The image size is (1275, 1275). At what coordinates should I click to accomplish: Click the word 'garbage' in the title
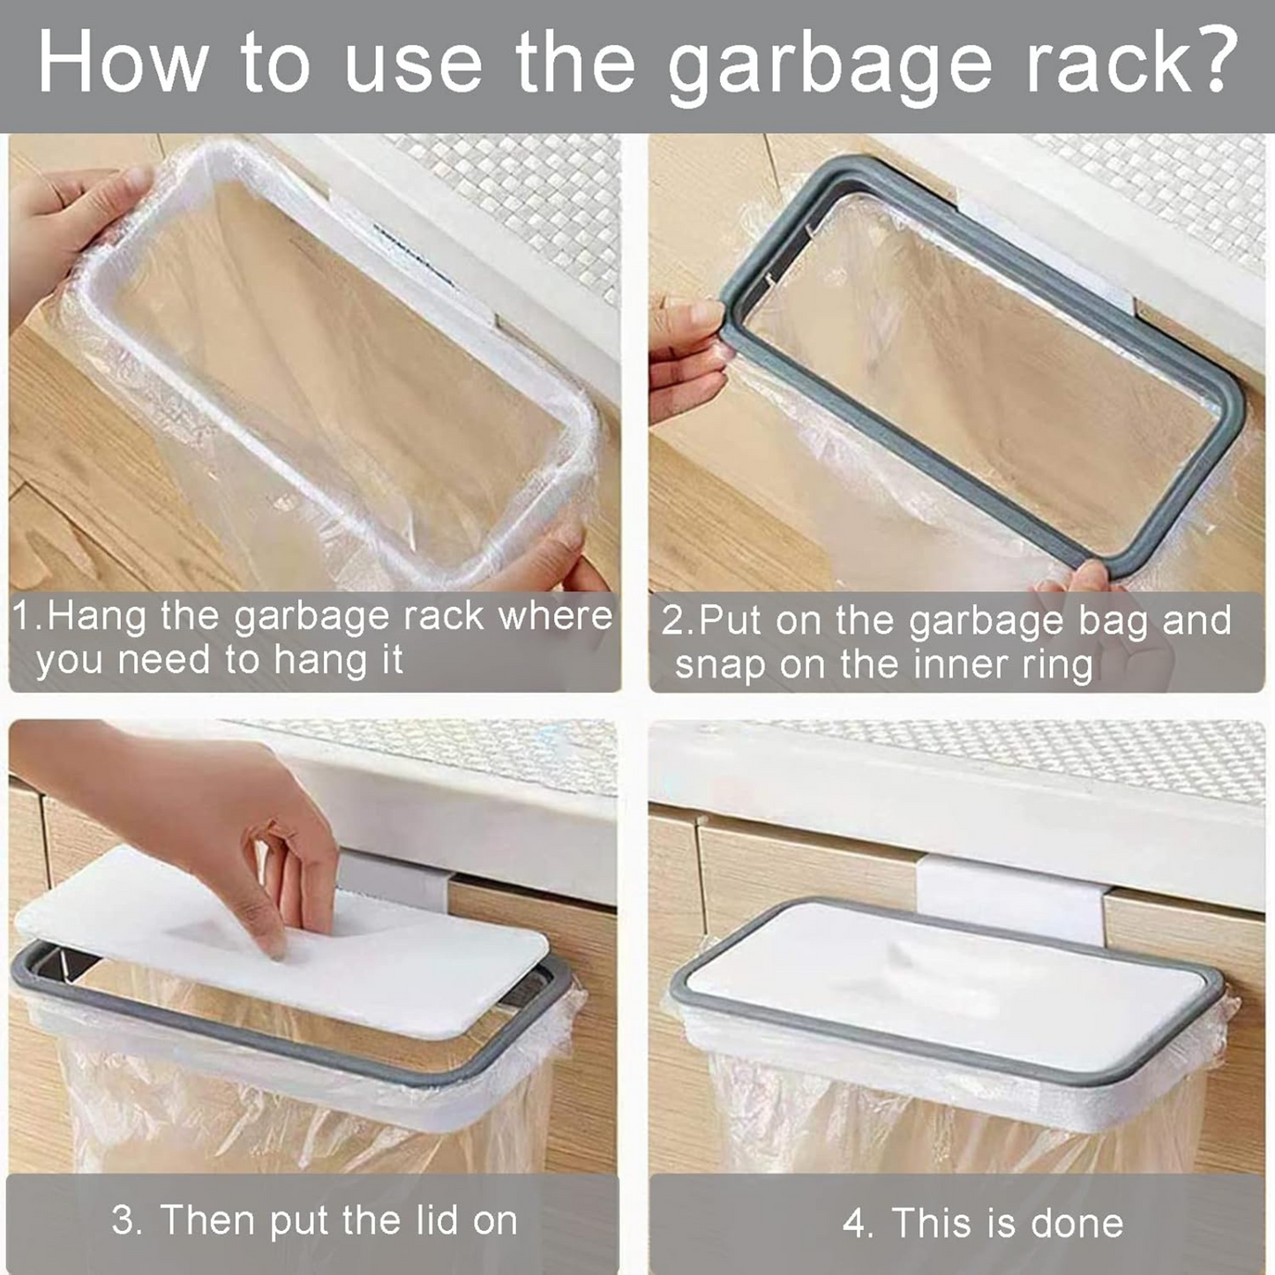(829, 65)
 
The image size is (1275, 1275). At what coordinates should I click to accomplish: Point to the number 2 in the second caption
(673, 620)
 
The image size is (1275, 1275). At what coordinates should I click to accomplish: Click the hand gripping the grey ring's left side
(688, 357)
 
